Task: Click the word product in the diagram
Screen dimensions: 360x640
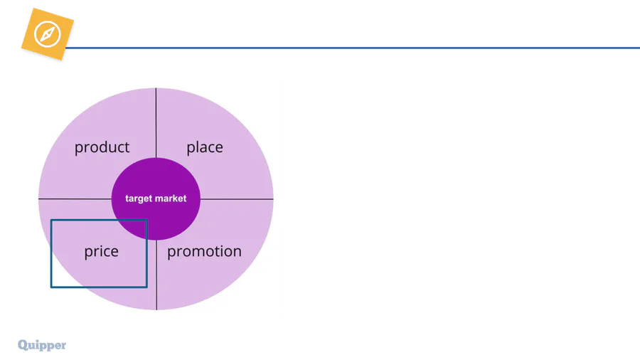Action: click(x=102, y=147)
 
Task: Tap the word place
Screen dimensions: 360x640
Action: click(x=205, y=147)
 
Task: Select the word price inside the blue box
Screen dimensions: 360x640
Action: click(x=101, y=251)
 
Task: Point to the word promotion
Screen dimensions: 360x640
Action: click(x=204, y=251)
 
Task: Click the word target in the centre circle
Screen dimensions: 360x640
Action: click(x=139, y=198)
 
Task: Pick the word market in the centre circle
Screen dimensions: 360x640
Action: click(x=171, y=198)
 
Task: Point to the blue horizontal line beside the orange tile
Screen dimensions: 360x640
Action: click(x=356, y=46)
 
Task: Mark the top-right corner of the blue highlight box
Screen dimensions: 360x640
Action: click(x=146, y=221)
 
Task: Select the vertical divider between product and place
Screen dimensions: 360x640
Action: click(x=156, y=121)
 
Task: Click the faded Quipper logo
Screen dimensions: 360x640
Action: click(x=42, y=346)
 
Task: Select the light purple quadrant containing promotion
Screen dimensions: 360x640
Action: click(x=220, y=277)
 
